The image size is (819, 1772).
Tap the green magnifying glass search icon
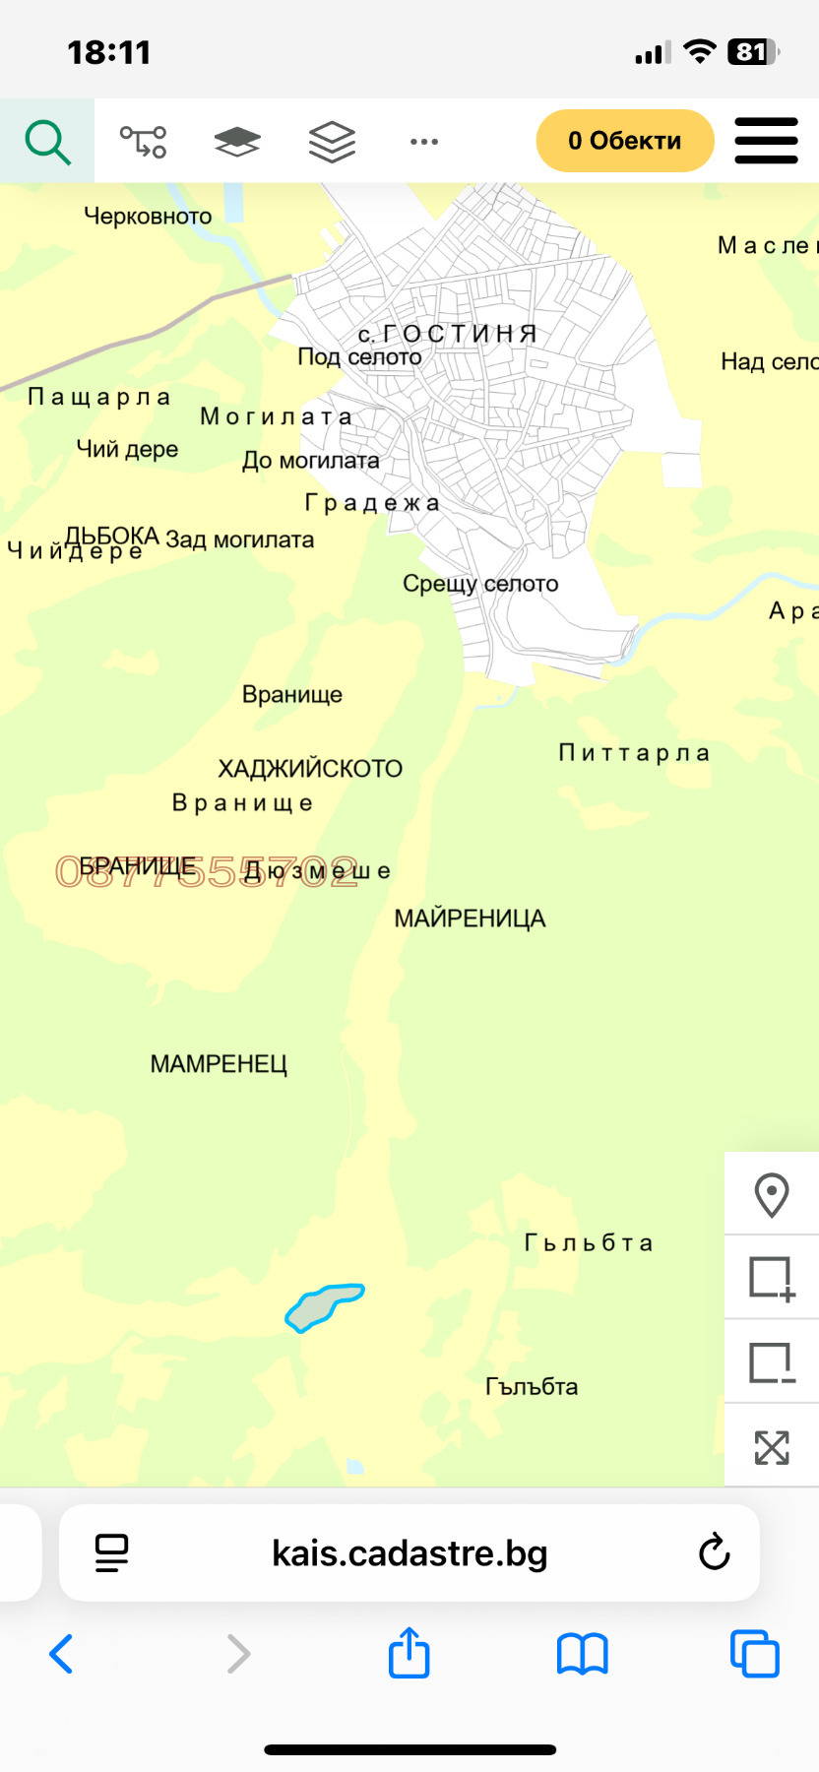pos(47,142)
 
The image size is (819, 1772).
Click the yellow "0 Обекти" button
pos(624,141)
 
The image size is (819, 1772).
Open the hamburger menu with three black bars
pos(766,141)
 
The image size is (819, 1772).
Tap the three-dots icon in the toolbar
pos(424,142)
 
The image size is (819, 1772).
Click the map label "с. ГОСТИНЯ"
pos(448,334)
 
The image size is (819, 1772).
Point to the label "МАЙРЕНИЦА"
pos(470,918)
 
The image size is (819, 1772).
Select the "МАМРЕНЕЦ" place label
pos(219,1064)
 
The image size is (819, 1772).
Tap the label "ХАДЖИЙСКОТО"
pos(310,769)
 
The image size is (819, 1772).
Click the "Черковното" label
pos(148,217)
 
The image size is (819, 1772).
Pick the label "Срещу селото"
pos(480,584)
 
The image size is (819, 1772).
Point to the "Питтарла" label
pos(634,753)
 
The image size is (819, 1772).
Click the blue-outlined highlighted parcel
pos(323,1307)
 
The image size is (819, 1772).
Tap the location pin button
pos(772,1195)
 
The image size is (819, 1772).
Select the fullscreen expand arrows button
pos(772,1447)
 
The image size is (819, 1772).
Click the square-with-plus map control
pos(772,1279)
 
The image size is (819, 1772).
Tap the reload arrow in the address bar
pos(714,1552)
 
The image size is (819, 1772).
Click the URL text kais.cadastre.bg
pos(409,1552)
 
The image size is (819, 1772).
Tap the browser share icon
pos(409,1653)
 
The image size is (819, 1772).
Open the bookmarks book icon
pos(583,1654)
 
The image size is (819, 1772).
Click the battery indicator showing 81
pos(753,52)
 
